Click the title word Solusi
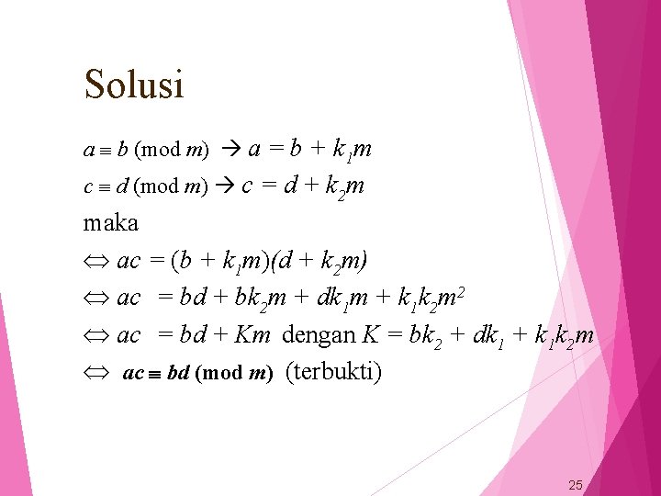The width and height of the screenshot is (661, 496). coord(134,85)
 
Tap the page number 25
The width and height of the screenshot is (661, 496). coord(576,485)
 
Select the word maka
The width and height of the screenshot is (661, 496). coord(110,223)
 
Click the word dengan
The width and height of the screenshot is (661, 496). coord(319,335)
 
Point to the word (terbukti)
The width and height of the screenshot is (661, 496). coord(333,372)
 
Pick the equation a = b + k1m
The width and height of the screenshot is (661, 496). coord(309,149)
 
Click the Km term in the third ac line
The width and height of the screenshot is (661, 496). coord(252,335)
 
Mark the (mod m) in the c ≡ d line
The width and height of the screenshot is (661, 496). coord(169,187)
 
